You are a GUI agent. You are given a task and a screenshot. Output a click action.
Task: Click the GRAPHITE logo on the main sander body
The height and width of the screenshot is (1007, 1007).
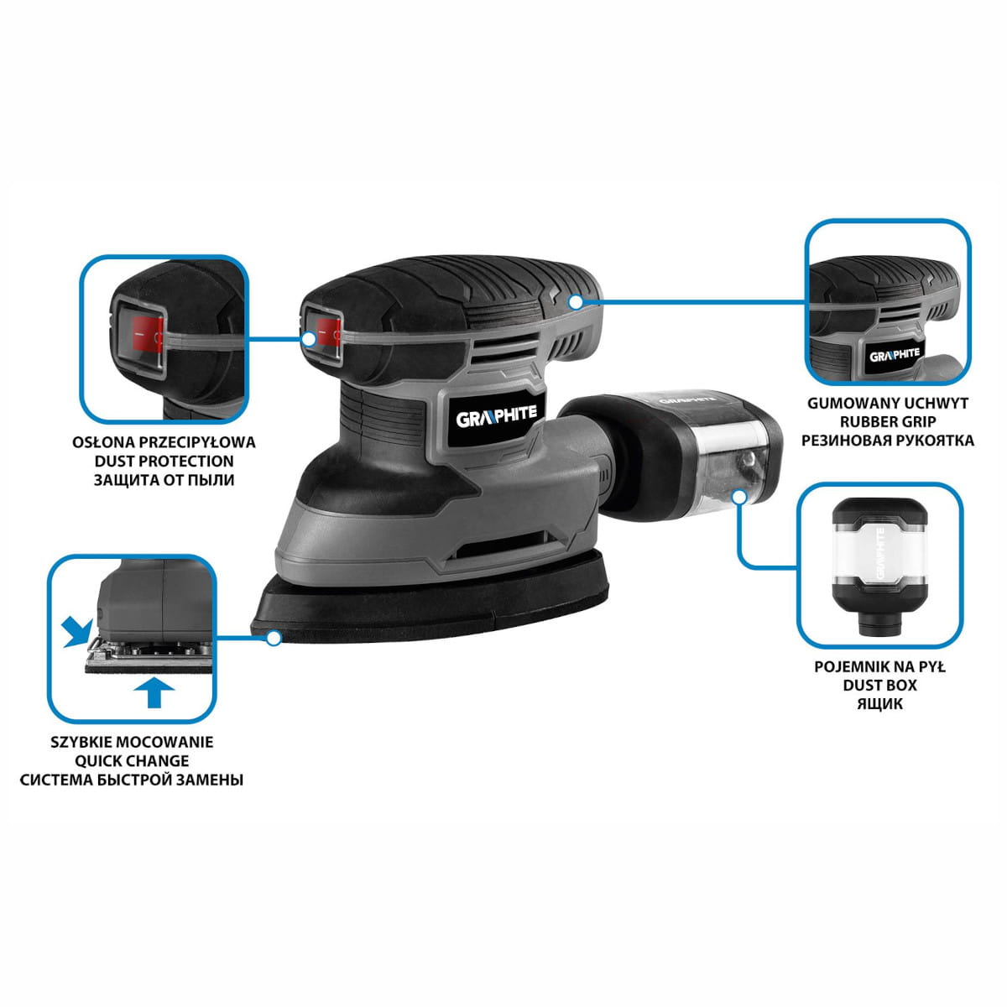(496, 417)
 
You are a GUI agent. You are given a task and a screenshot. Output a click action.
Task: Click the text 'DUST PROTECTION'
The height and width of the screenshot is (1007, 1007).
(164, 461)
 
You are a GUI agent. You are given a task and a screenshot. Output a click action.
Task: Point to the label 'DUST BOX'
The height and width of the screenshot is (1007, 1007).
(879, 685)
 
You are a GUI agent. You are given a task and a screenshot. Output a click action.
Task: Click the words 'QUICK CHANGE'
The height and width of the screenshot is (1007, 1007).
(132, 761)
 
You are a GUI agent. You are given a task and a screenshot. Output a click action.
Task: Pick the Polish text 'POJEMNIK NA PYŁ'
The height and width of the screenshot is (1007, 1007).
(879, 667)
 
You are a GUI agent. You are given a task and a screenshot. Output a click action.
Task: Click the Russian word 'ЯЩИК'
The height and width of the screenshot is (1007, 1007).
(879, 704)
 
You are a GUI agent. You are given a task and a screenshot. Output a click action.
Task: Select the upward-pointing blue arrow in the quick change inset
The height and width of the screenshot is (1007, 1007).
(154, 693)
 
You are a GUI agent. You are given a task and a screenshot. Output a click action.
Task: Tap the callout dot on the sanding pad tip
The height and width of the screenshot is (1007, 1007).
(274, 638)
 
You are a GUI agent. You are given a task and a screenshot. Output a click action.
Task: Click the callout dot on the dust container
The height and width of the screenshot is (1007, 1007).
(739, 496)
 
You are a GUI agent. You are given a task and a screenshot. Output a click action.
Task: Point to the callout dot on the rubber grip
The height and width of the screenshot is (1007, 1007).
(576, 301)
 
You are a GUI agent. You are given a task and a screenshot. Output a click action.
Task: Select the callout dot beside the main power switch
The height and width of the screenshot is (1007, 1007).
(310, 339)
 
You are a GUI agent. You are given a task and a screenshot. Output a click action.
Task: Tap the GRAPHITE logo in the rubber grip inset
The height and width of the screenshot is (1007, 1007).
(894, 355)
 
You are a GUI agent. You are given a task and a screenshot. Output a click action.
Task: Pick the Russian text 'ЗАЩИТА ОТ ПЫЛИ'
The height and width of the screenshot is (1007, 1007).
(164, 480)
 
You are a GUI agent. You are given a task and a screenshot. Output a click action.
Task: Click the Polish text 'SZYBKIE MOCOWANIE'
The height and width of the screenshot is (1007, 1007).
(132, 742)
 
